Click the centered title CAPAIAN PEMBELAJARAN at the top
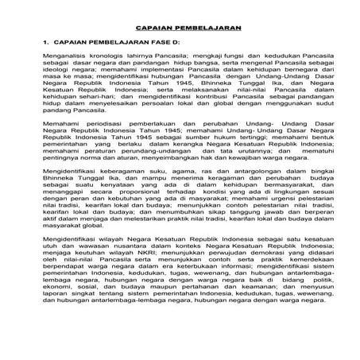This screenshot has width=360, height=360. pos(179,25)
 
